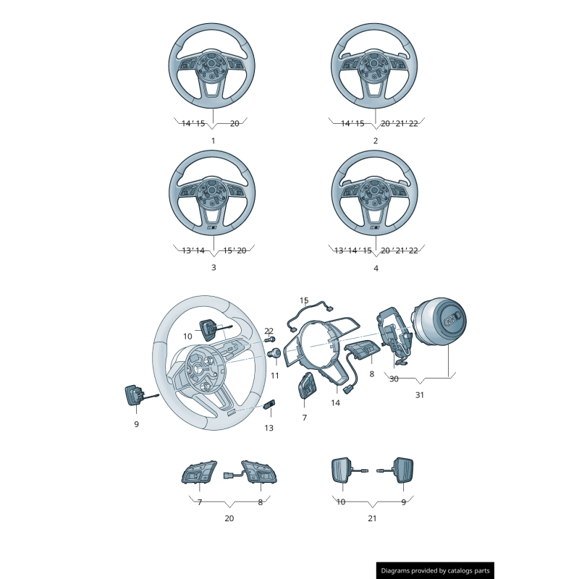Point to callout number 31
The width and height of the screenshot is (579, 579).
coord(420,395)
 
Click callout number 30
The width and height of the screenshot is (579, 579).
coord(394,379)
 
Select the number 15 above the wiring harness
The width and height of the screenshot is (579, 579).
coord(304,300)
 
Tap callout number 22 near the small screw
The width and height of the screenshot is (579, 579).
coord(269,331)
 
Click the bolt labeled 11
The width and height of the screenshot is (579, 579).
coord(276,353)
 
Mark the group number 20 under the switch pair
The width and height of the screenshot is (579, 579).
coord(229,518)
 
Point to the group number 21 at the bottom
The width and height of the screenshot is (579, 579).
coord(372,518)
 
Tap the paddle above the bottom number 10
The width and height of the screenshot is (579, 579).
coord(340,470)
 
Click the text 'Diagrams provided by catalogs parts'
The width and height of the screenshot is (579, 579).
coord(436,571)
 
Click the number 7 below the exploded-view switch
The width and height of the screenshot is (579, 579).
coord(304,418)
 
